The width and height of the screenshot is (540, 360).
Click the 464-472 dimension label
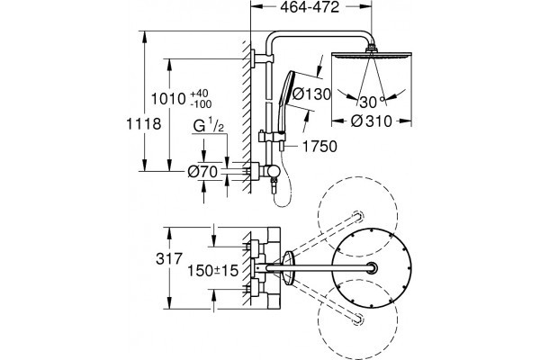click(310, 7)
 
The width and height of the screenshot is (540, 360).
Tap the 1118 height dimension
click(144, 124)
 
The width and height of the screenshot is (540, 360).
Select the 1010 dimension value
click(169, 99)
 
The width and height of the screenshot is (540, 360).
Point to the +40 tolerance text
click(199, 94)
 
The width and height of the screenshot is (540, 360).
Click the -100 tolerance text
click(201, 103)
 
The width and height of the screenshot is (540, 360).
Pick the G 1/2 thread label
click(209, 126)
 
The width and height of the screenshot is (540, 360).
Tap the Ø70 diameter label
click(202, 171)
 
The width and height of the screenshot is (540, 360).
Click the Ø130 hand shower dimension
click(311, 94)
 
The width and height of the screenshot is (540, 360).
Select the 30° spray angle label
click(372, 103)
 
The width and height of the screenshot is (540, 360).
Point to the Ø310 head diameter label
click(372, 121)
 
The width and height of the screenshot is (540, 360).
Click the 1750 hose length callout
click(319, 147)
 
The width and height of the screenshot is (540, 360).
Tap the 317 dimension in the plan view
click(169, 258)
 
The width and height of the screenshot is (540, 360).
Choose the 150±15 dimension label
click(212, 271)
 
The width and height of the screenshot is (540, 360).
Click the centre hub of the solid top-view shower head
click(373, 268)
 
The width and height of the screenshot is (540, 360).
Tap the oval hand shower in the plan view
click(288, 268)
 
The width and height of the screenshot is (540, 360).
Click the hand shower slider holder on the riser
click(272, 137)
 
